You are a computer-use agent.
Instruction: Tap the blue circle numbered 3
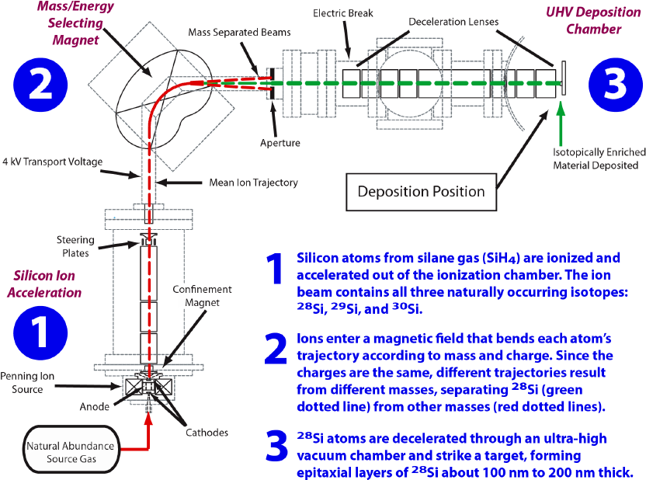614,84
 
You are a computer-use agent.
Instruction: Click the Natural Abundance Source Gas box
71,452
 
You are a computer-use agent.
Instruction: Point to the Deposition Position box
421,191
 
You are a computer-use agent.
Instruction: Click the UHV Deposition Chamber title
594,21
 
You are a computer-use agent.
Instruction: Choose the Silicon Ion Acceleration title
47,284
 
